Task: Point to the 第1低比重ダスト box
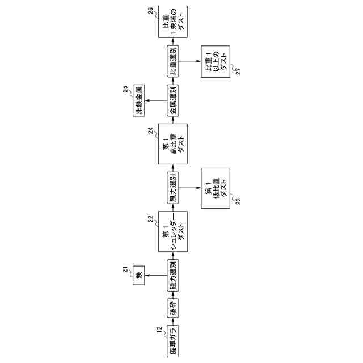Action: coord(216,186)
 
